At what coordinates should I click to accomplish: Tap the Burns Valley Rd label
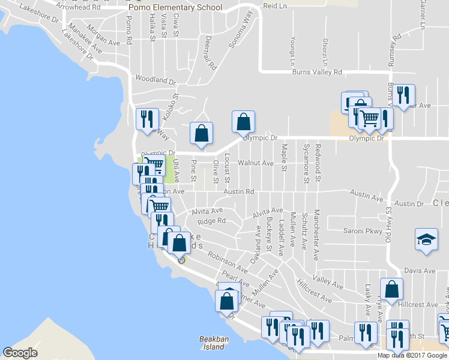coord(317,72)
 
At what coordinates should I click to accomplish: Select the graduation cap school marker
coord(426,240)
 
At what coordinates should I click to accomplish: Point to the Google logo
coord(20,353)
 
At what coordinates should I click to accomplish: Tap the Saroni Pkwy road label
coord(362,230)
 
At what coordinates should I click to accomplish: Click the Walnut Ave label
coord(255,163)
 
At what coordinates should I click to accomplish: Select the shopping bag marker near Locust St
coord(244,122)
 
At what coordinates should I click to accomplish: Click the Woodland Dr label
coord(155,79)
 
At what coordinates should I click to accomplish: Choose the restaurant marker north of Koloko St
coord(146,119)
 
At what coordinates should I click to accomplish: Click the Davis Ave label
coord(420,271)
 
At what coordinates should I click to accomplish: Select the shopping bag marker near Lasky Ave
coord(391,290)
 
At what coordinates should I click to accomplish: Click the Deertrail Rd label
coord(208,52)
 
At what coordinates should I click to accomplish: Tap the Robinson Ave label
coord(228,259)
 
